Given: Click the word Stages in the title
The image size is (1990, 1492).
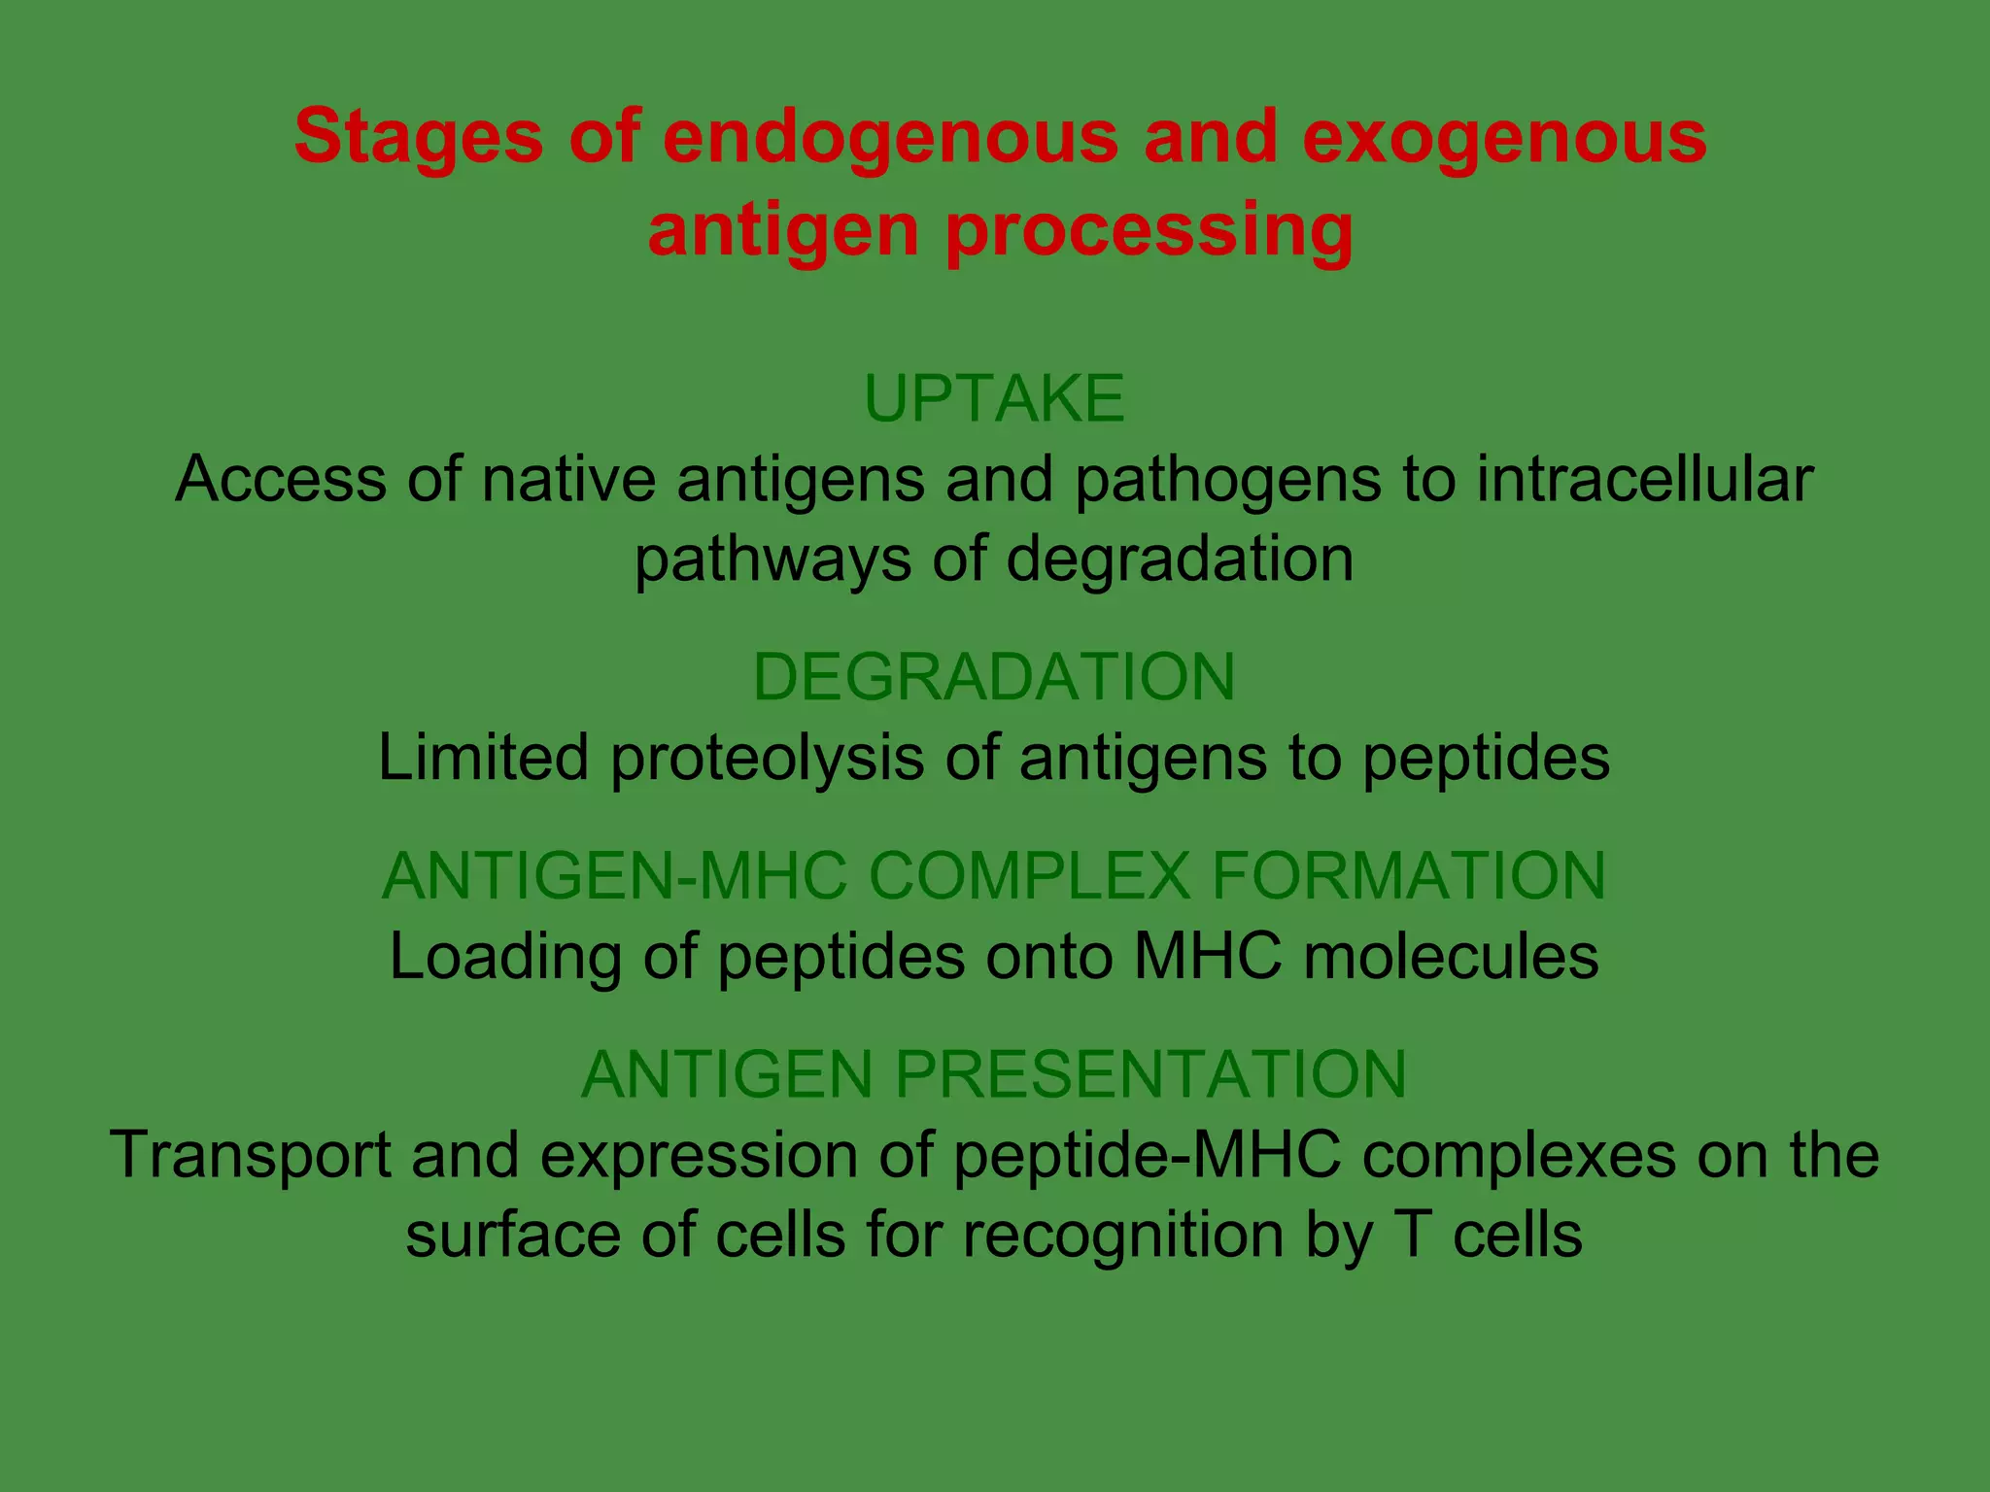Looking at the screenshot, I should coord(418,137).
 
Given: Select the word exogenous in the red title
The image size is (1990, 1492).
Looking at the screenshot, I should coord(1504,137).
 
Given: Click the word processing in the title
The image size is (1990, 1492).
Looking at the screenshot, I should coord(1149,231).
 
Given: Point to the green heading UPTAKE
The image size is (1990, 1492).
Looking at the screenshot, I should coord(994,398).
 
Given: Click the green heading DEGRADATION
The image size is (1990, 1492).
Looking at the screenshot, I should coord(994,677).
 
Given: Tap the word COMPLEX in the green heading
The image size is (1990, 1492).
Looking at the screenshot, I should coord(1029,875).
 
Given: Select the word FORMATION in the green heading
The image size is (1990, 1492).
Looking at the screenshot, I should coord(1408,875).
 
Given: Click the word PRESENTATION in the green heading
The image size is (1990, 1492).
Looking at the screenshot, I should coord(1150,1074).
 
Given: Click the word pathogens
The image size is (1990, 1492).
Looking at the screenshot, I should coord(1227,481).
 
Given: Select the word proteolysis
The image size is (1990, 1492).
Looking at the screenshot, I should coord(767,759).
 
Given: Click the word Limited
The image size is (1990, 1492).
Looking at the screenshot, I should coord(483,758).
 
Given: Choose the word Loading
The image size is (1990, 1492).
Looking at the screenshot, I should coord(505,958).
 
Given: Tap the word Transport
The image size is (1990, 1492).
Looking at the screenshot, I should coord(250,1156).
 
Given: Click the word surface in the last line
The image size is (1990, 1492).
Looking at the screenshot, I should coord(512,1236).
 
